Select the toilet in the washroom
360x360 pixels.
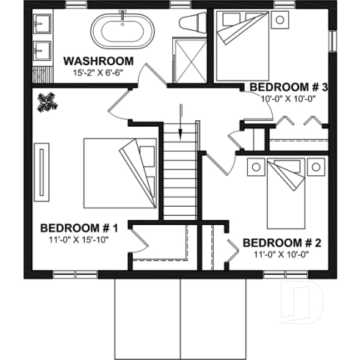pos(192,24)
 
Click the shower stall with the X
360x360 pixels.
pos(188,58)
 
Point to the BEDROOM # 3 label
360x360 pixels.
pos(288,87)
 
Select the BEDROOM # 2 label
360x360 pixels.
pos(282,243)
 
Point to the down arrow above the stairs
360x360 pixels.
pos(180,114)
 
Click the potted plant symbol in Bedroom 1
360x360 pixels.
pos(48,101)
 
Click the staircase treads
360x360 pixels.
pos(180,176)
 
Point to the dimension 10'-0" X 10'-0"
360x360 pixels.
pos(288,99)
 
